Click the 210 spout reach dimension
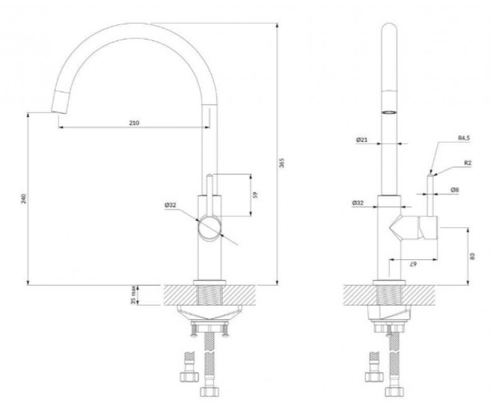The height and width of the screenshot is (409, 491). [x=134, y=123]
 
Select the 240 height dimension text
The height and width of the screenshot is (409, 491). [x=24, y=199]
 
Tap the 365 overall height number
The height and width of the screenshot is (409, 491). [x=282, y=163]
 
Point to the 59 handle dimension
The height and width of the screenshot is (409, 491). [x=256, y=195]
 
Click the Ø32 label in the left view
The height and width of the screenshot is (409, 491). [x=171, y=205]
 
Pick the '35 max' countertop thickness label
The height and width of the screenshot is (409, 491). [x=134, y=295]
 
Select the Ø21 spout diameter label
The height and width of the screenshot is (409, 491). [x=362, y=140]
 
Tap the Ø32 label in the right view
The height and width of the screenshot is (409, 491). [x=358, y=203]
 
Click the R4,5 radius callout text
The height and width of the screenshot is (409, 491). [x=464, y=138]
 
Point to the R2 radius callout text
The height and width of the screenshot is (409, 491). [x=468, y=163]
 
